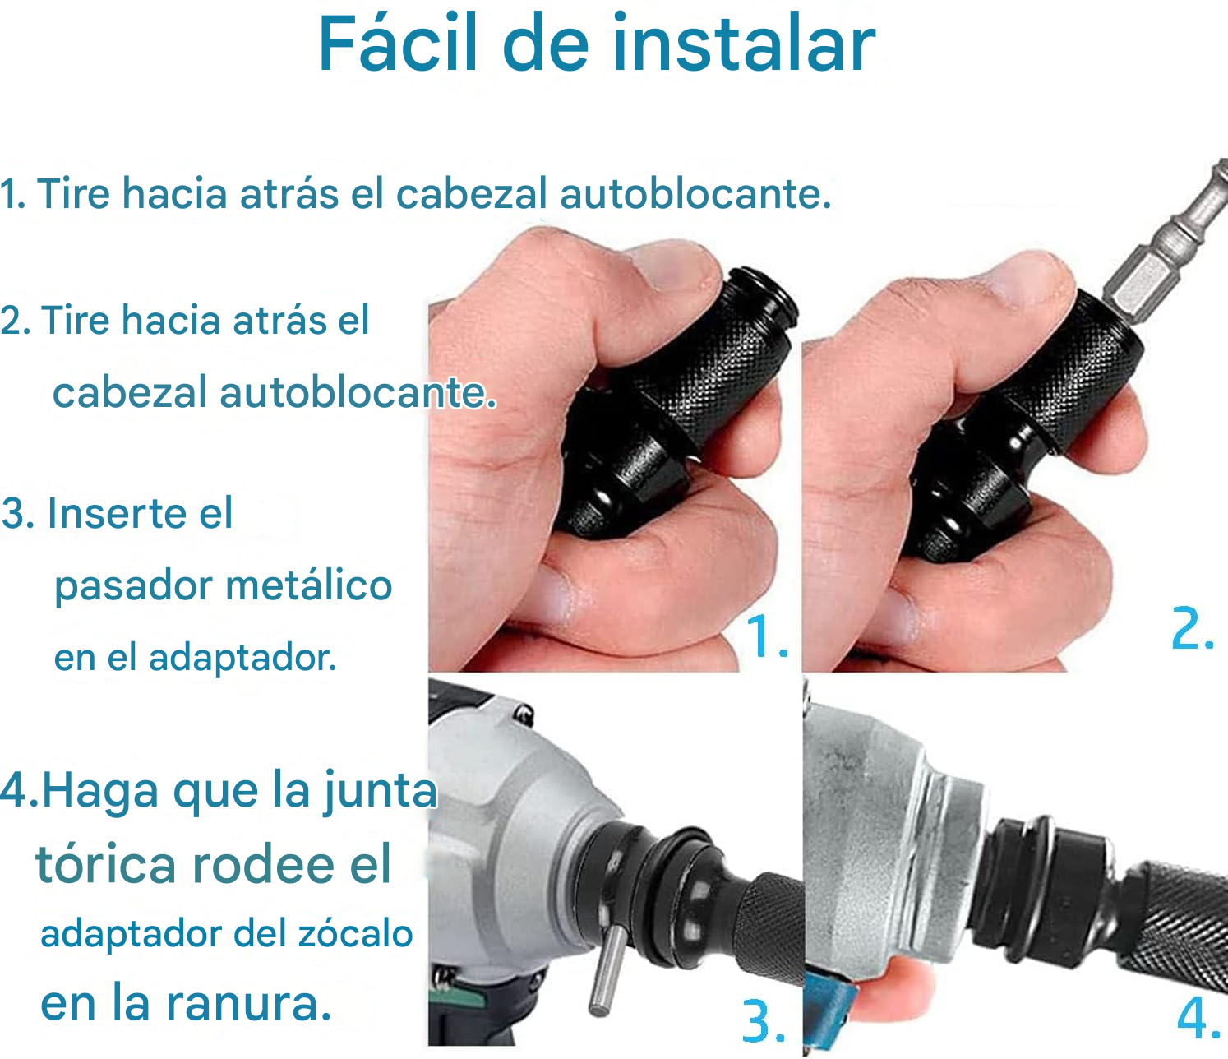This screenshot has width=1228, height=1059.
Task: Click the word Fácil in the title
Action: tap(398, 43)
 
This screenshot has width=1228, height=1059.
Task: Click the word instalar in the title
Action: tap(744, 44)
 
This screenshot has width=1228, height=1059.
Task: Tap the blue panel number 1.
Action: tap(766, 636)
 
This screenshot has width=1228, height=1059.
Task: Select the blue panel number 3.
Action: tap(764, 1021)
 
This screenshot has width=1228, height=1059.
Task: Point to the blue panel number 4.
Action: tap(1197, 1017)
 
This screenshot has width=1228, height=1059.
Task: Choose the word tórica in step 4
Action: tap(106, 864)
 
